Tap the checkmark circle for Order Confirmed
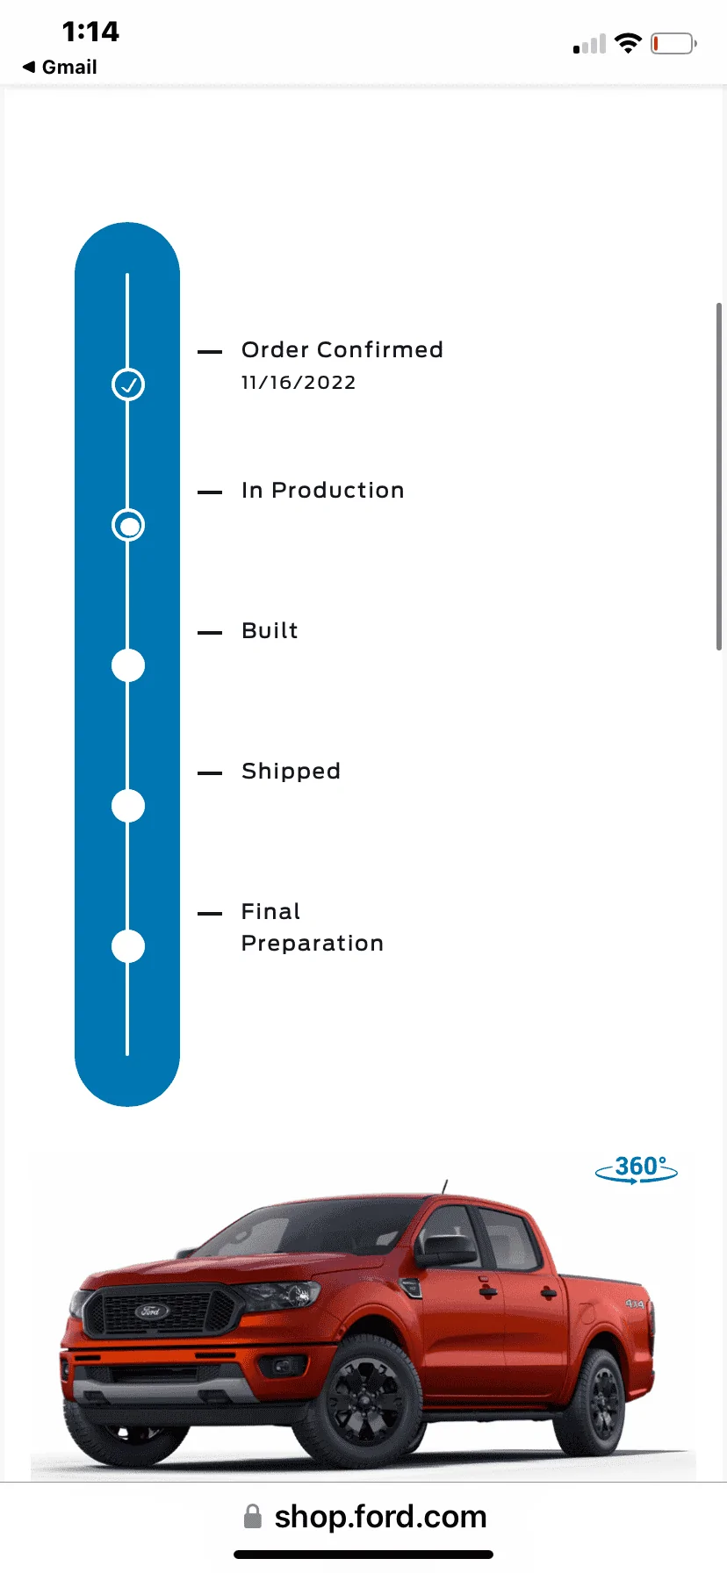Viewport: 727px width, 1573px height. click(x=128, y=384)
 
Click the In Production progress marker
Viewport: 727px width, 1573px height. click(x=128, y=525)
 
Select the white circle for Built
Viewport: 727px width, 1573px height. click(x=128, y=665)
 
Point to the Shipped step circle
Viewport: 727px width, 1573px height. click(x=128, y=806)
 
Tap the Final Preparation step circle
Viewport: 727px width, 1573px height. click(x=128, y=946)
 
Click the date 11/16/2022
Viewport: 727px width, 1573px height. click(x=299, y=383)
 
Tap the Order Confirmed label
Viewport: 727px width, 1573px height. click(x=342, y=349)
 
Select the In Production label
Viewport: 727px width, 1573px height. click(x=323, y=490)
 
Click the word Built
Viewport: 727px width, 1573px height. click(x=270, y=630)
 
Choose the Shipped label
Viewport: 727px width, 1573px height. click(x=291, y=771)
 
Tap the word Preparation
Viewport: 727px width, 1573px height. click(x=313, y=944)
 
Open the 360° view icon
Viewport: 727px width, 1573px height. click(x=637, y=1169)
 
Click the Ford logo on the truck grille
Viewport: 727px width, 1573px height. click(x=151, y=1311)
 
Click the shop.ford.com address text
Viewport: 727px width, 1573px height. click(x=380, y=1516)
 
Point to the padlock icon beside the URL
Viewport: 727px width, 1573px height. click(x=253, y=1516)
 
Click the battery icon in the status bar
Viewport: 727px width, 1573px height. click(x=673, y=43)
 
